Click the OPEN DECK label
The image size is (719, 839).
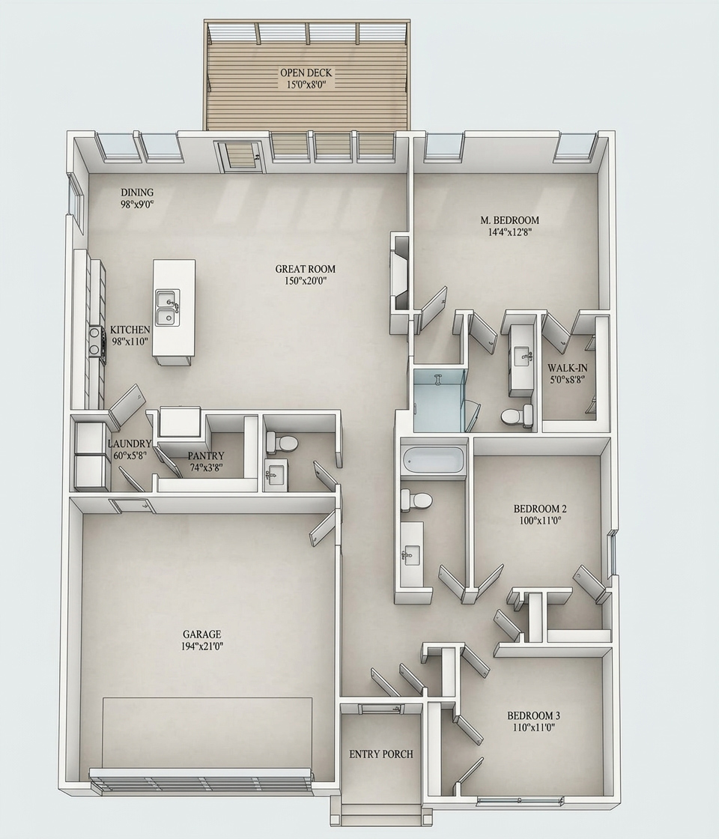pos(306,73)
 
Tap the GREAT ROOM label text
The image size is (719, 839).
pos(305,269)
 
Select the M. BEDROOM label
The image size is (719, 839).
pos(509,220)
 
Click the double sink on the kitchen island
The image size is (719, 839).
pos(167,307)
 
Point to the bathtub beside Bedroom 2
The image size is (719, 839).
pos(432,459)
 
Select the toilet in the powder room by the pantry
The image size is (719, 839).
pos(282,443)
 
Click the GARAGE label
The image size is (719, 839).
pos(201,634)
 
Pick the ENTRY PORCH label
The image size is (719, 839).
pos(380,754)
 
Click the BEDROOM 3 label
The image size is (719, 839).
pos(533,715)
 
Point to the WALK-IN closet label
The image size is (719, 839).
pos(565,368)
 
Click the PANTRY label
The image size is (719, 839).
pos(205,455)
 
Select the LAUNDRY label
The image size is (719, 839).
pos(130,443)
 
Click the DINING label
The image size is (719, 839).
pos(137,193)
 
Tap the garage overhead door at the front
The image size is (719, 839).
pos(201,780)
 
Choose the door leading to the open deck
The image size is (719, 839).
pos(240,156)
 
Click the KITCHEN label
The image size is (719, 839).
pos(130,330)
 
